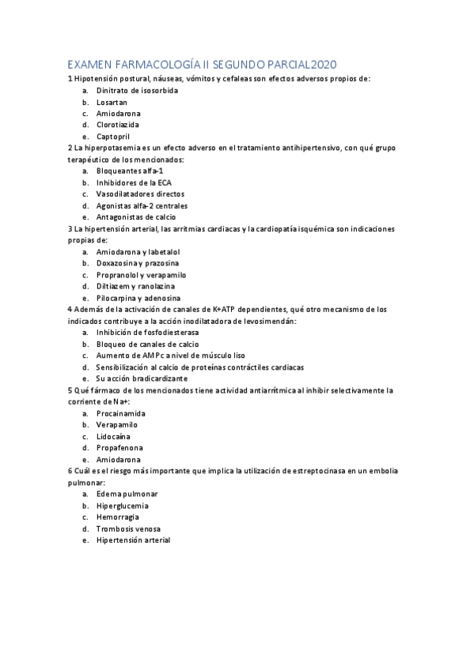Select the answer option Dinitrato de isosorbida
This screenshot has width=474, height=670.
[136, 90]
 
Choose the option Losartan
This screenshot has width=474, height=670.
[112, 102]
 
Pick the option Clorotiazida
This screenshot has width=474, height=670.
[118, 125]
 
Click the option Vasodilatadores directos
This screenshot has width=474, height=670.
[140, 194]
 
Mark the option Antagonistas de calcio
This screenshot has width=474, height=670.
[135, 216]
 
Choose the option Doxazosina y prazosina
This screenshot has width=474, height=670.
[138, 262]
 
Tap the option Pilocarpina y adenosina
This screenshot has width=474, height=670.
[140, 297]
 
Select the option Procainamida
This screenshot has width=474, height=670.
[120, 413]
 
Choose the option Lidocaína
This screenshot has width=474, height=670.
[113, 436]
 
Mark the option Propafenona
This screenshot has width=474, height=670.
[119, 448]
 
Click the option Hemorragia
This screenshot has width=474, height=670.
[119, 517]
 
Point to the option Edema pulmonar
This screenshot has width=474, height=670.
[127, 494]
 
